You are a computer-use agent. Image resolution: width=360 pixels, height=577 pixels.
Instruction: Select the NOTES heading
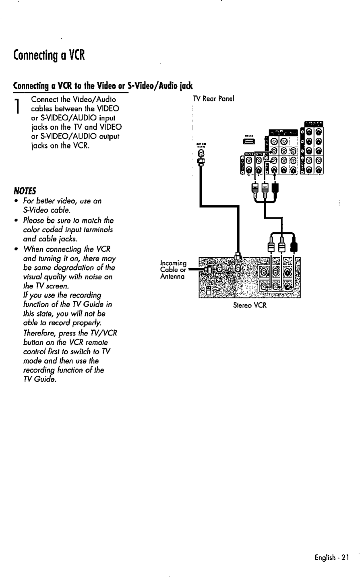tap(25, 189)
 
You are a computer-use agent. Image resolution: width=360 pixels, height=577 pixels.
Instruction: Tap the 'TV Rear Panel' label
tap(213, 99)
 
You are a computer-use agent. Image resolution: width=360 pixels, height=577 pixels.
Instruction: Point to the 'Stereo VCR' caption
tap(250, 305)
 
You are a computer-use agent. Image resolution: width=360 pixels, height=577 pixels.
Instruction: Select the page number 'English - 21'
tap(331, 558)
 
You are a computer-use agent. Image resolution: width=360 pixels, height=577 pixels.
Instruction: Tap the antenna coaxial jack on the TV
tap(200, 154)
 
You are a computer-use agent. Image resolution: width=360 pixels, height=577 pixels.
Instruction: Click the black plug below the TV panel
tap(275, 188)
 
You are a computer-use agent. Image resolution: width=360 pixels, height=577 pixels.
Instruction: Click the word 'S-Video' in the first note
tap(34, 210)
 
